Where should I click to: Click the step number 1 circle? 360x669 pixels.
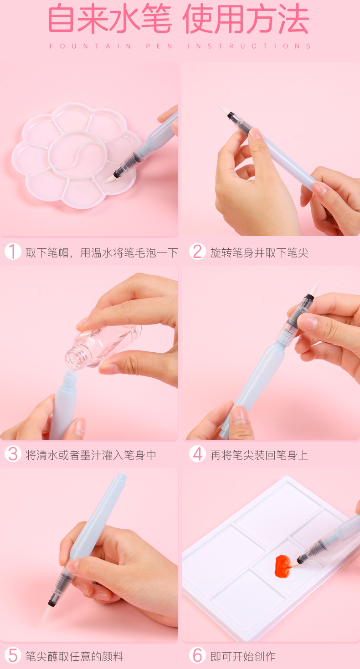click(x=13, y=251)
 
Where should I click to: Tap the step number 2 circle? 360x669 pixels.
click(x=197, y=251)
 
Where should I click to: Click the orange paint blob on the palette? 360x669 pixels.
click(x=283, y=566)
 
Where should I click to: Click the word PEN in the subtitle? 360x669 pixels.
click(x=159, y=46)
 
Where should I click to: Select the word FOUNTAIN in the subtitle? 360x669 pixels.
click(x=90, y=46)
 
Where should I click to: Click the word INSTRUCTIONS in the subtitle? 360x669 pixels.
click(x=249, y=46)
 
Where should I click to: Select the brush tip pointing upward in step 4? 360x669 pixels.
click(x=315, y=287)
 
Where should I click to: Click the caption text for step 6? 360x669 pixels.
click(x=243, y=656)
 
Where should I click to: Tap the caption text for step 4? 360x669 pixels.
click(x=259, y=455)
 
